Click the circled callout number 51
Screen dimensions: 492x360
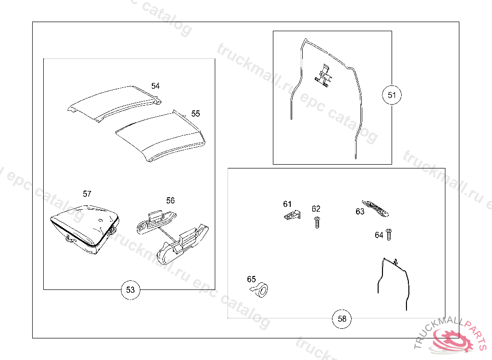click(x=392, y=95)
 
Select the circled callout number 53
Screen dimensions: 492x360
click(x=130, y=290)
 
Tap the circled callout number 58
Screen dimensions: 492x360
click(x=342, y=319)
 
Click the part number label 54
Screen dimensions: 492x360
click(x=155, y=86)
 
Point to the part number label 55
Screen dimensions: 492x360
click(x=196, y=113)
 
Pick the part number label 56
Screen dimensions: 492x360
click(x=171, y=200)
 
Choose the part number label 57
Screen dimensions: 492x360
click(x=87, y=194)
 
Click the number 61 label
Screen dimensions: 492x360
click(x=287, y=204)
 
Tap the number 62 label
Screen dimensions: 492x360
click(x=316, y=209)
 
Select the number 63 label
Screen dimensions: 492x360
click(x=360, y=211)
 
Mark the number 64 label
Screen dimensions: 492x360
click(x=379, y=235)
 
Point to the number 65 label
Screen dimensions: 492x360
click(x=251, y=279)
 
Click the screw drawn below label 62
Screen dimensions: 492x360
click(x=317, y=222)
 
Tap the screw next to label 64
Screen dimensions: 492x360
click(x=389, y=234)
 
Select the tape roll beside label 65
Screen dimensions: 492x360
click(x=259, y=289)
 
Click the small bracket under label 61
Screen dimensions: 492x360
click(x=292, y=215)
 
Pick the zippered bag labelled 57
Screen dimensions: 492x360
click(x=85, y=229)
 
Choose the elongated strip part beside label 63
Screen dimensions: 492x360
click(x=375, y=208)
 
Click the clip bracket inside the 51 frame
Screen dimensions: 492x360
click(x=323, y=75)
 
